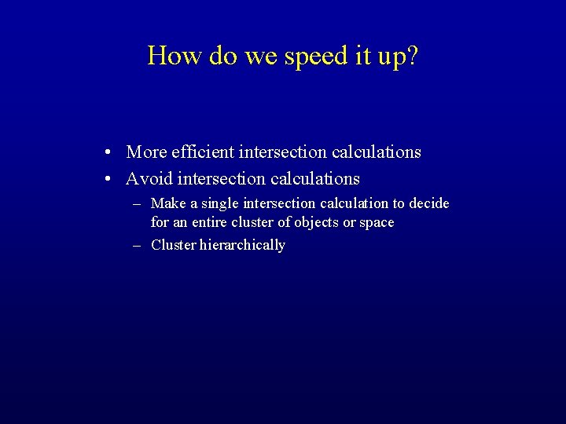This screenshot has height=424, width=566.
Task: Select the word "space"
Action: coord(377,223)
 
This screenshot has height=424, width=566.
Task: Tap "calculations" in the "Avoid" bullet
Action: coord(315,178)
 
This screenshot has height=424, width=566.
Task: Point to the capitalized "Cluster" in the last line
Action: coord(173,245)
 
